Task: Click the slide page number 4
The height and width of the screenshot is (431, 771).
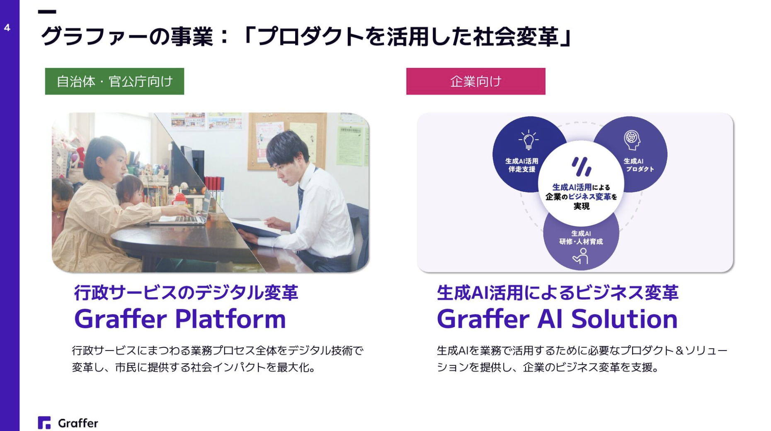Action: point(7,28)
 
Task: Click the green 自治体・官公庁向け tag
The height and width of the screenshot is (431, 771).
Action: point(114,81)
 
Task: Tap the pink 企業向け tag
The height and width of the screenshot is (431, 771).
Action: point(475,81)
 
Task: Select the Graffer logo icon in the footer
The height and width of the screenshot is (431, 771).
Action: point(44,423)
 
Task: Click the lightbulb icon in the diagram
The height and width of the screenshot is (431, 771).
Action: point(529,140)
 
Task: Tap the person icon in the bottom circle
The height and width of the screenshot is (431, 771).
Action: point(581,256)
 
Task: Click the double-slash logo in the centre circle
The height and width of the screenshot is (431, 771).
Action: point(582,167)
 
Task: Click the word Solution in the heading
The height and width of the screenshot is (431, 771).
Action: point(624,319)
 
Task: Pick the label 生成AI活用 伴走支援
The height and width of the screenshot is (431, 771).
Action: point(521,165)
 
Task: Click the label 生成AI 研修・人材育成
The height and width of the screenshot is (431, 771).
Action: point(581,237)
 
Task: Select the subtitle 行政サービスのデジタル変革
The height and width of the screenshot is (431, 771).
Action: point(186,293)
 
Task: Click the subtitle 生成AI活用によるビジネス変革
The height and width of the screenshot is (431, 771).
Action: point(558,293)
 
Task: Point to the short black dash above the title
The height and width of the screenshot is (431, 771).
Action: point(47,12)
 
